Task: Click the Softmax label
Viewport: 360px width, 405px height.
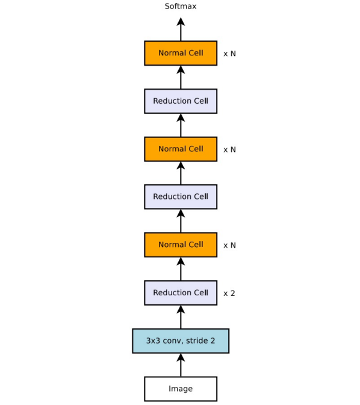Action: coord(181,6)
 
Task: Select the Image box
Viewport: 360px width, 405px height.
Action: coord(181,389)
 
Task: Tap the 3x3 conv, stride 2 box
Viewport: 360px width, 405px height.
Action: coord(181,341)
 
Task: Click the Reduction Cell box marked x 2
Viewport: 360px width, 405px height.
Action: coord(181,293)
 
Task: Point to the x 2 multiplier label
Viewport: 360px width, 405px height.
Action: coord(229,294)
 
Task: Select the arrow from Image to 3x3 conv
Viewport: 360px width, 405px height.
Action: coord(181,365)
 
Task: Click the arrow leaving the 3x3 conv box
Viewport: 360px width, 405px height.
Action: coord(181,317)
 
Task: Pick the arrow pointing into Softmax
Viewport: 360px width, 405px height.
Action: coord(181,29)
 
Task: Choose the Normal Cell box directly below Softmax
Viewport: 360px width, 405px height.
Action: coord(181,53)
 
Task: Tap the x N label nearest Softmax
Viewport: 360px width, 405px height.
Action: coord(229,54)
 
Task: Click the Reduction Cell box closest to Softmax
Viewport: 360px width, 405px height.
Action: coord(181,101)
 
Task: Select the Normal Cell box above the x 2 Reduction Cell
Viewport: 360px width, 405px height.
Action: coord(181,245)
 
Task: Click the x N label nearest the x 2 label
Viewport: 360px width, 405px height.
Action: coord(229,245)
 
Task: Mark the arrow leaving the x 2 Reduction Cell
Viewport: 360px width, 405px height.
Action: coord(181,269)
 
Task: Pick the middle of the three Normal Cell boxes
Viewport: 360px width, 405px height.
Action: coord(181,149)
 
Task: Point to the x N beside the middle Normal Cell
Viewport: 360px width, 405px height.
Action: coord(229,150)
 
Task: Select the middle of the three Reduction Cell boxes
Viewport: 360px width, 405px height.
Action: coord(181,196)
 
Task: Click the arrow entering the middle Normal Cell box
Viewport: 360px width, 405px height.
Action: coord(181,173)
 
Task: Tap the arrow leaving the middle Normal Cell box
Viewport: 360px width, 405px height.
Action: coord(181,125)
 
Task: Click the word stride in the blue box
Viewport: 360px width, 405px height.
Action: coord(197,341)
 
